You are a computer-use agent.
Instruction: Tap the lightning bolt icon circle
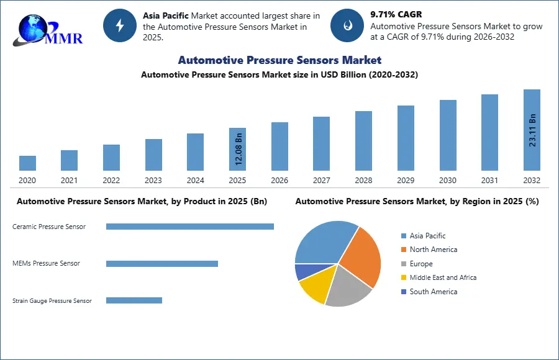click(120, 25)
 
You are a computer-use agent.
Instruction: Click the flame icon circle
click(347, 25)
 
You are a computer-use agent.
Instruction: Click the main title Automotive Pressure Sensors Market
click(279, 60)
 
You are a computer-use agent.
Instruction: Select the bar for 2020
click(27, 163)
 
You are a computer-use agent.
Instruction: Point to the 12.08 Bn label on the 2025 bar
click(239, 150)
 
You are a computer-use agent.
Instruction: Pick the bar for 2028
click(363, 141)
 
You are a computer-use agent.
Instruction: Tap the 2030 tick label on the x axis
click(448, 181)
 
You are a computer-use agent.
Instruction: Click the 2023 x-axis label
click(153, 181)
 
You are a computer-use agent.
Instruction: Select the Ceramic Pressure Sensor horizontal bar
click(189, 227)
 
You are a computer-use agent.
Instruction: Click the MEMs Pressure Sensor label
click(46, 263)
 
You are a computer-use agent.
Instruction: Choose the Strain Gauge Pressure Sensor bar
click(134, 300)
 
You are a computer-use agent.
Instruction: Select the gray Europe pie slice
click(348, 289)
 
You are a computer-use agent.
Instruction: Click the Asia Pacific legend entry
click(427, 236)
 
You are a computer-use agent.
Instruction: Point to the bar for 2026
click(279, 146)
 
